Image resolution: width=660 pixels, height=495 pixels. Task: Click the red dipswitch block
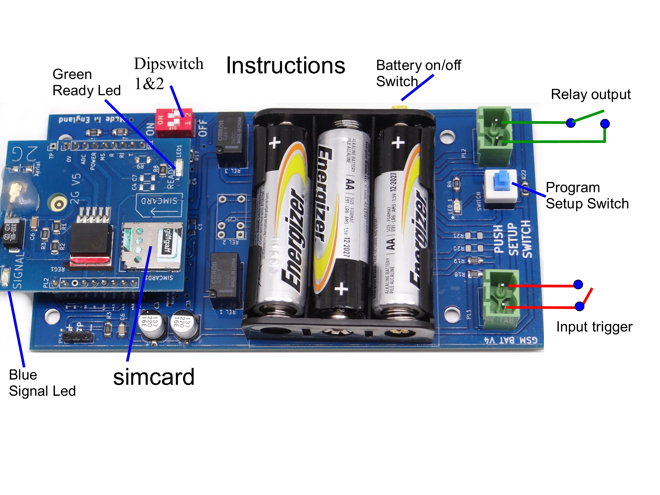174,122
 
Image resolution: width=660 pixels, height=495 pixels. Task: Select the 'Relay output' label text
590,95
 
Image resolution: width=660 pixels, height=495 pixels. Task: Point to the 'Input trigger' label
594,327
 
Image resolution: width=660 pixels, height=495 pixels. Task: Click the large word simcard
154,377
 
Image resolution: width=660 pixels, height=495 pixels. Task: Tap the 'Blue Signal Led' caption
42,383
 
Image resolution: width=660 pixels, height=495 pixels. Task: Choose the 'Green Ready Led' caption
86,82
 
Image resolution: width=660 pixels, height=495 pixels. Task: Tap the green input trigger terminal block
501,298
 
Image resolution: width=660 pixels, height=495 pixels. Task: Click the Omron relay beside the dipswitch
231,139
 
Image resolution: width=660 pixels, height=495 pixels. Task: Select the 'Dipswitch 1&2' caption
168,73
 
